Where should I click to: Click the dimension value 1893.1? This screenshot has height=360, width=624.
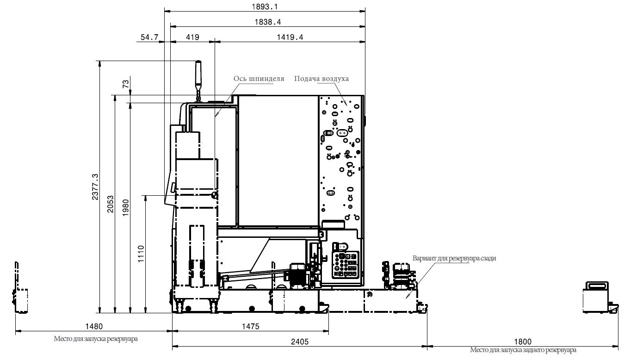[x=265, y=6]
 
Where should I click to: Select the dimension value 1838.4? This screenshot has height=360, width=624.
[x=268, y=22]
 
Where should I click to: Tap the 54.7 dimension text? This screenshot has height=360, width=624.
[x=149, y=37]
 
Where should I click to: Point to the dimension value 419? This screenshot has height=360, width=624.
[x=192, y=37]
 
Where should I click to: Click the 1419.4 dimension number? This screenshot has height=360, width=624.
[x=290, y=37]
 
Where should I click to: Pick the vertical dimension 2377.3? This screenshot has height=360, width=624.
[x=95, y=186]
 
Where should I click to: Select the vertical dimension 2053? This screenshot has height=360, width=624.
[x=110, y=204]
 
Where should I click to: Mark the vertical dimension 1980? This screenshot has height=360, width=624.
[x=126, y=208]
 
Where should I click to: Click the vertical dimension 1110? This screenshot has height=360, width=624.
[x=141, y=254]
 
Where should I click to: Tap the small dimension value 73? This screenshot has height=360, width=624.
[x=126, y=84]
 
